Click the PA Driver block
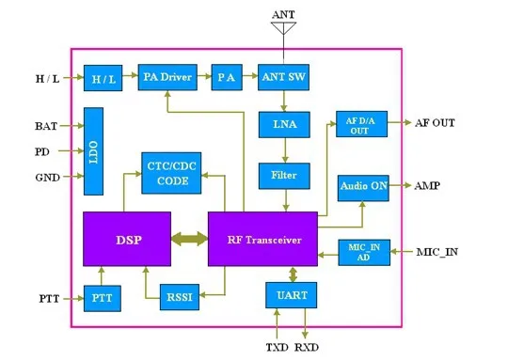167,77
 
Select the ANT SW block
283,77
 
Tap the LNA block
284,125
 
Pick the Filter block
284,176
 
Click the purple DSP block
127,239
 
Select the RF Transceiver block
262,239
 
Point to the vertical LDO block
94,151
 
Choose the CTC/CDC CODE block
171,173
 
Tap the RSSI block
180,297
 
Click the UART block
292,295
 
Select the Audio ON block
363,188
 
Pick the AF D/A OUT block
361,124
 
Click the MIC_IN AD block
364,253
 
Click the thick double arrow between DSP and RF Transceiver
189,239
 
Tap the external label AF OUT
435,123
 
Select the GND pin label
48,178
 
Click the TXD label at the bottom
277,348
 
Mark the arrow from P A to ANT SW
250,76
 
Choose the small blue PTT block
103,299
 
